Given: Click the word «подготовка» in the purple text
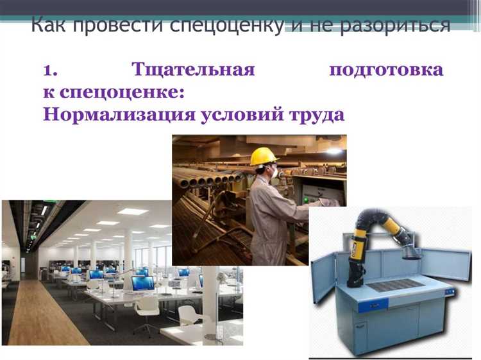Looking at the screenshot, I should coord(385,69).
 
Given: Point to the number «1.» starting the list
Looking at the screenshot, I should coord(52,69).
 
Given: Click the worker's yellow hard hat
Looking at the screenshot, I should coord(264,157).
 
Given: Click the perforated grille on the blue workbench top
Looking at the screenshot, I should coord(396,284).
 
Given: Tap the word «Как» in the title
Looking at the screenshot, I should coord(51,27).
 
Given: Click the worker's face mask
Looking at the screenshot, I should coord(274,172).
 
